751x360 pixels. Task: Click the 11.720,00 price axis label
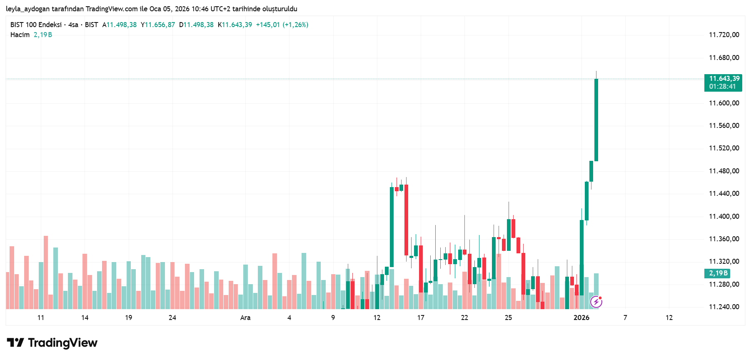tap(724, 35)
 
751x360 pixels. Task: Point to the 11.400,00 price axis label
tap(724, 217)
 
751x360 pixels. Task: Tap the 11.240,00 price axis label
tap(724, 307)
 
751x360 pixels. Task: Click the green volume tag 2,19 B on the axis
tap(718, 273)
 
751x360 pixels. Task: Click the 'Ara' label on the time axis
tap(245, 318)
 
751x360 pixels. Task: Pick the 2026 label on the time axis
tap(581, 318)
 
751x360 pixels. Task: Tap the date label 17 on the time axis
tap(421, 318)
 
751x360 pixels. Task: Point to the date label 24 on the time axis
tap(172, 318)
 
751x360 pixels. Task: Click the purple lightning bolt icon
tap(596, 301)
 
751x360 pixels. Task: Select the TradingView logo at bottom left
tap(52, 343)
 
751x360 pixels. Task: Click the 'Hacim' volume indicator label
tap(20, 35)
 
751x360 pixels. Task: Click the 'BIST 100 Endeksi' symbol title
tap(36, 25)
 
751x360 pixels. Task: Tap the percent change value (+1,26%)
tap(295, 25)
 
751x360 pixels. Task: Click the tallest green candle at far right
tap(596, 120)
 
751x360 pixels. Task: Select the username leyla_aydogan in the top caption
tap(27, 9)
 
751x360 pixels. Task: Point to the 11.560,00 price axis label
tap(724, 126)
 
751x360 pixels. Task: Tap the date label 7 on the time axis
tap(625, 318)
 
